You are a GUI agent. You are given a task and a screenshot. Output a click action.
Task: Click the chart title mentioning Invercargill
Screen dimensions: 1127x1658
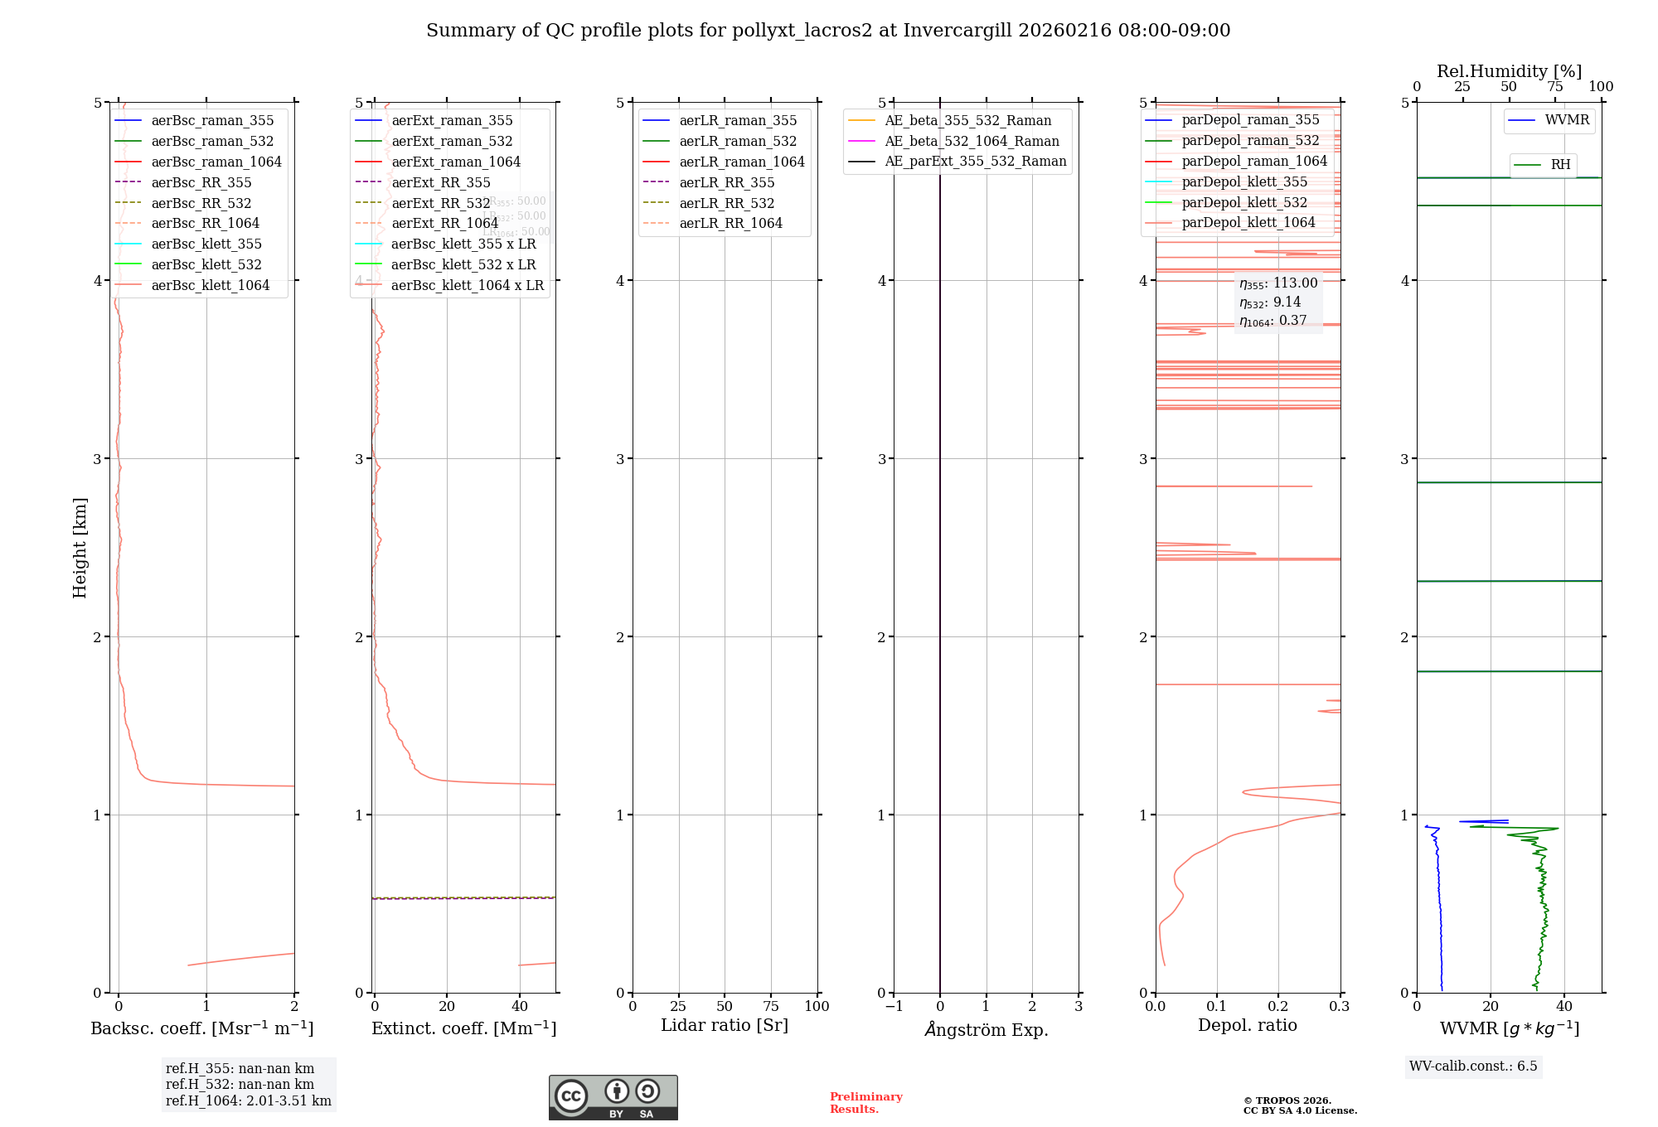click(828, 31)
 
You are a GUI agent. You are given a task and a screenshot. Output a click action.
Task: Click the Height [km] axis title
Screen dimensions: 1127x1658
click(80, 548)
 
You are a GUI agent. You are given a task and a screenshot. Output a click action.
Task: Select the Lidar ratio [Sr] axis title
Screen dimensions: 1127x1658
click(724, 1026)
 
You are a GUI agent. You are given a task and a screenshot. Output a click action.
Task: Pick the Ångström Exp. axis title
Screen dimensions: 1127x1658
click(987, 1029)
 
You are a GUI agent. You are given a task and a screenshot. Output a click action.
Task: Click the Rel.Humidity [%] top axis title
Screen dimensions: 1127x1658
click(1509, 71)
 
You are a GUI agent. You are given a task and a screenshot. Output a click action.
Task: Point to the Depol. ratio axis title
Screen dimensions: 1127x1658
click(1247, 1026)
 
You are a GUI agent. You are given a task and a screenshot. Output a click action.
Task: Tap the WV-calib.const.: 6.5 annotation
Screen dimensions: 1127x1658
click(1473, 1067)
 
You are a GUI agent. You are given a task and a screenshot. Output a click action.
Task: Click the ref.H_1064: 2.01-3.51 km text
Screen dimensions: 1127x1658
click(248, 1101)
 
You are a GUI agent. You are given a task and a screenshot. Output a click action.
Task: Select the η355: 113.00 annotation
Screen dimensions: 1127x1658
click(1278, 283)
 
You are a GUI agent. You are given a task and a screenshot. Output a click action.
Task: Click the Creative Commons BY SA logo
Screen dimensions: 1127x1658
click(613, 1097)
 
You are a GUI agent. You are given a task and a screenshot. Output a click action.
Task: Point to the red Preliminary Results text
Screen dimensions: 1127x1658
click(865, 1103)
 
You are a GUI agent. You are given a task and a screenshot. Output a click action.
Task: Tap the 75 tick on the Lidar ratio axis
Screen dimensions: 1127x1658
click(771, 1007)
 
